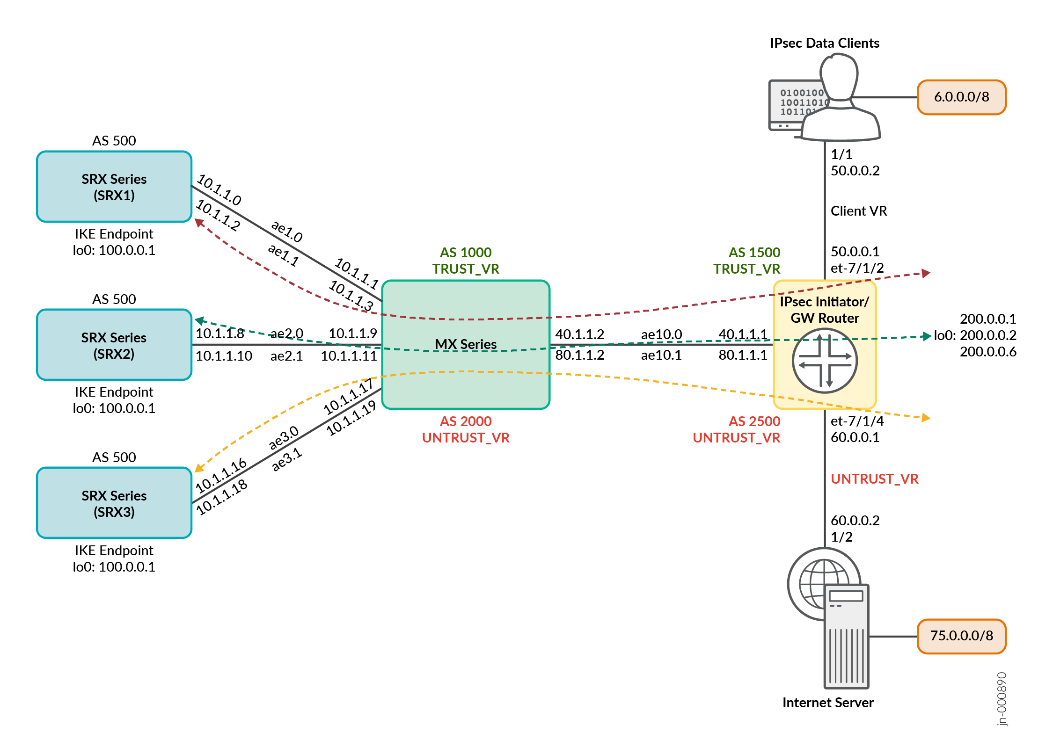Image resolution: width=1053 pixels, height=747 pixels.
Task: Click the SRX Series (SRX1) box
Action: tap(114, 187)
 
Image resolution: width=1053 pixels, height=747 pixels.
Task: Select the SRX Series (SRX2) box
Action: tap(114, 345)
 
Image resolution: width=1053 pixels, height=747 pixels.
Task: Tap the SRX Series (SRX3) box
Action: tap(114, 503)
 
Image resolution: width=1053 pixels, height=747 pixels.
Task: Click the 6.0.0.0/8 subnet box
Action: tap(961, 97)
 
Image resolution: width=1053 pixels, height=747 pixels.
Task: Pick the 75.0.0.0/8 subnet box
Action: tap(961, 636)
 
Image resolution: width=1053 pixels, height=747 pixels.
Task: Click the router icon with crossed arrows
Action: tap(825, 361)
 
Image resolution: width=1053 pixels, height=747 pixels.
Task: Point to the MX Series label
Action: tap(466, 344)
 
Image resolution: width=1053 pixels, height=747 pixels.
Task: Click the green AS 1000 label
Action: tap(466, 253)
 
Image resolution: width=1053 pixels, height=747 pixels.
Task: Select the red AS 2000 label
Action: tap(466, 421)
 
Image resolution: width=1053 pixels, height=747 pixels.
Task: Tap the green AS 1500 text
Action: tap(754, 253)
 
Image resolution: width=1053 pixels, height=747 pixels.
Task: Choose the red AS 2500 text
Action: tap(754, 421)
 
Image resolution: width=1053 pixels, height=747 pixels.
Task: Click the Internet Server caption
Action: tap(828, 703)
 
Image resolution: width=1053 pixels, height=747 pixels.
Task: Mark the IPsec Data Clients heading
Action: tap(825, 44)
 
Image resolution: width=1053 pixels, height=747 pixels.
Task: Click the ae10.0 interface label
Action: tap(661, 334)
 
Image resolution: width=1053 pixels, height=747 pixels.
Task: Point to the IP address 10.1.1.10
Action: tap(224, 356)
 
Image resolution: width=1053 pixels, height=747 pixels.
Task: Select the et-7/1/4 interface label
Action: tap(857, 421)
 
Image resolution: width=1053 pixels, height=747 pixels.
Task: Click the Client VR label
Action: tap(859, 211)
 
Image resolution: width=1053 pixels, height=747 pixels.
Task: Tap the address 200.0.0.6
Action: tap(988, 352)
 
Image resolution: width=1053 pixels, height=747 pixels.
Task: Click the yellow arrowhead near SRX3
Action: tap(199, 468)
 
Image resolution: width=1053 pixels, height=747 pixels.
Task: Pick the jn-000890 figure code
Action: tap(1002, 699)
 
